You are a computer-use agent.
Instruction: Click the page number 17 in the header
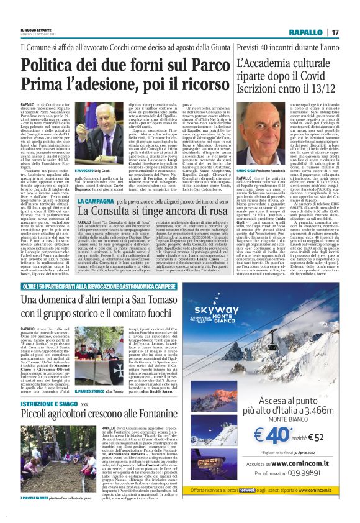tap(335, 32)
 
